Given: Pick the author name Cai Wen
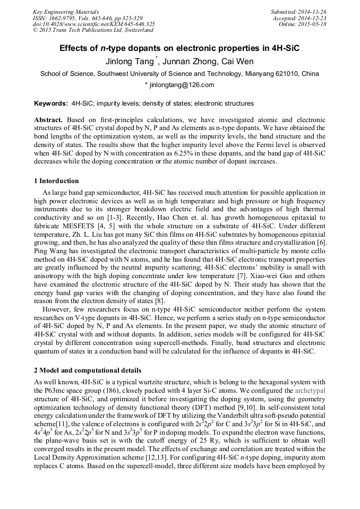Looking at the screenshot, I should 230,62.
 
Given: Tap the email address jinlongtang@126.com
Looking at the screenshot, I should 182,85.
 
